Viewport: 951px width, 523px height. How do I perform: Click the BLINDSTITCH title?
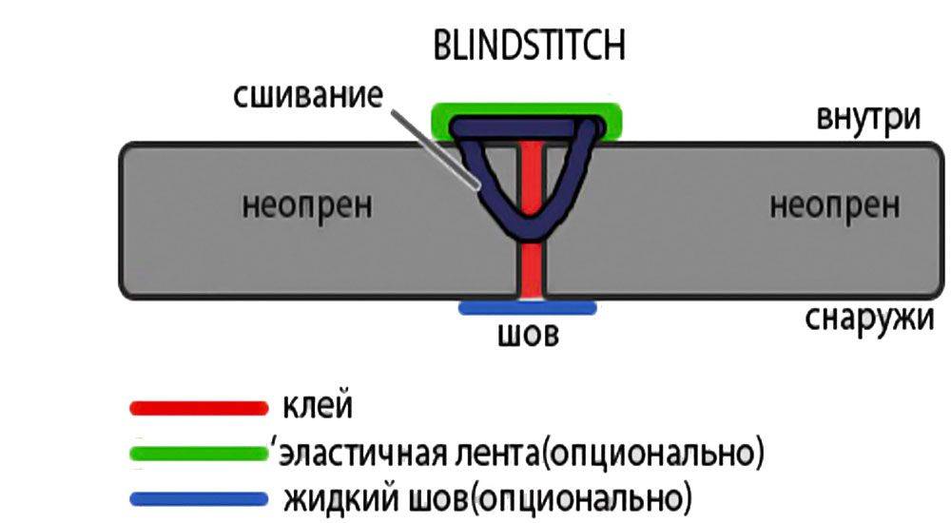tap(529, 46)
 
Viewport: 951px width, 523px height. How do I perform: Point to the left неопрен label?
tap(307, 203)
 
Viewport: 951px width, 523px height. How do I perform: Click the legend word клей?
tap(318, 407)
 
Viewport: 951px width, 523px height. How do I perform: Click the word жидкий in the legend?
tap(330, 497)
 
